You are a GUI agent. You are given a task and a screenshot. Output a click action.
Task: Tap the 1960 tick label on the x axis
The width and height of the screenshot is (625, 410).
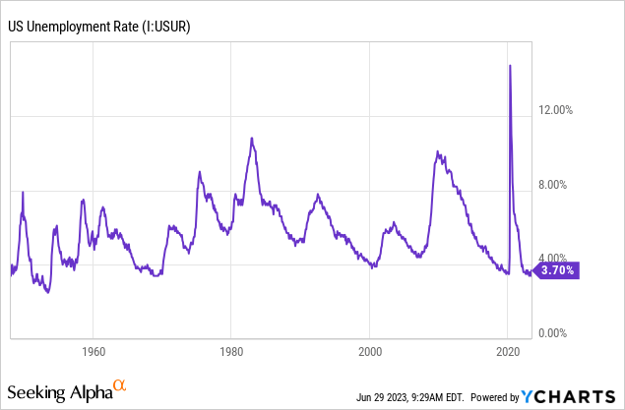tap(94, 351)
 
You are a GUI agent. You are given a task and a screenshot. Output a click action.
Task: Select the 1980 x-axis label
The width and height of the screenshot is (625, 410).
tap(231, 351)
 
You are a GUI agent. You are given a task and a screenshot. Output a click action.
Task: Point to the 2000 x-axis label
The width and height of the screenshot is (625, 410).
tap(370, 351)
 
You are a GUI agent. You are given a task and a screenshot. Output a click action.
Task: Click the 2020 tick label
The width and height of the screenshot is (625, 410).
tap(508, 351)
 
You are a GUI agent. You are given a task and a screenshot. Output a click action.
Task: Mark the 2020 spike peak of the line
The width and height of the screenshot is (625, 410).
tap(510, 66)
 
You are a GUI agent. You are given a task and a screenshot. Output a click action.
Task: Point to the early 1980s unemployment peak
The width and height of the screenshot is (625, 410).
tap(252, 139)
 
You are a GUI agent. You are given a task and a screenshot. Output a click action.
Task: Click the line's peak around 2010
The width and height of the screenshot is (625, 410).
tap(437, 152)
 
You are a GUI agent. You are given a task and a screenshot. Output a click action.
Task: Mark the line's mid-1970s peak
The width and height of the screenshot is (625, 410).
tap(200, 172)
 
